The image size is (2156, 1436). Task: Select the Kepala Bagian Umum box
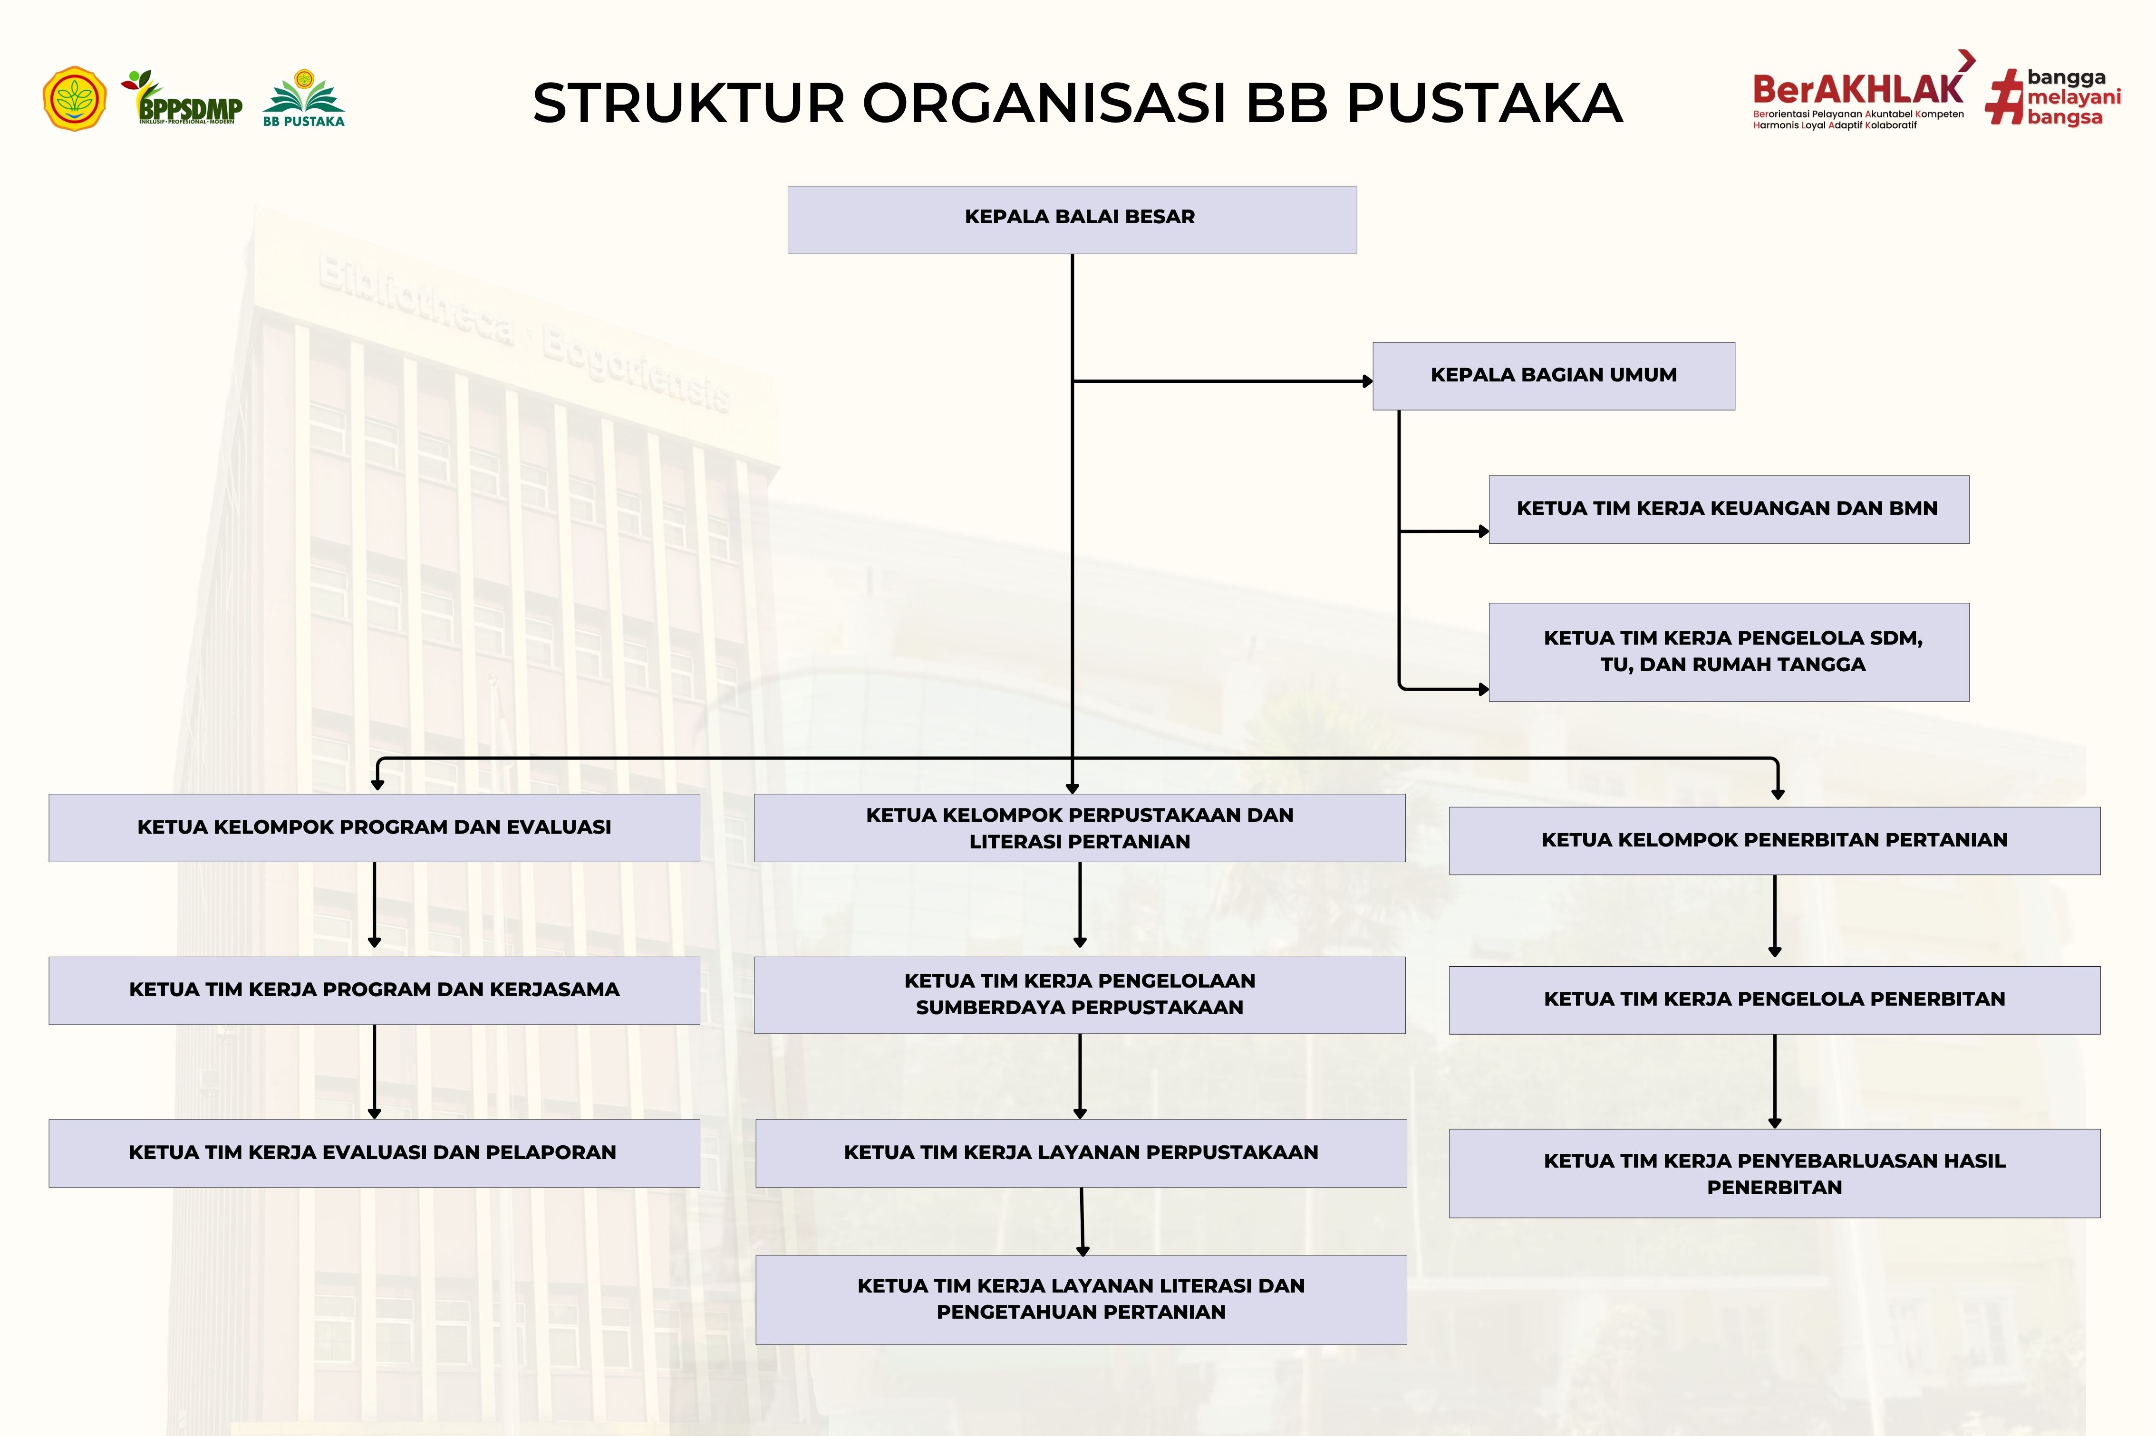[1553, 375]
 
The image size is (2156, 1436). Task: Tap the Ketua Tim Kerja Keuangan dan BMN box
[1728, 509]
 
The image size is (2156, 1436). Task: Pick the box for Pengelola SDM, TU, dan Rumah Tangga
[1728, 652]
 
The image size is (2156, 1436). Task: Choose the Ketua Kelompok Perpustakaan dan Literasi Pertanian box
[1079, 828]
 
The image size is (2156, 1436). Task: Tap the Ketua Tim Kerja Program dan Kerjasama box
[374, 990]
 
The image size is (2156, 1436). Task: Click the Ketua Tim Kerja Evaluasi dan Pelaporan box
[374, 1153]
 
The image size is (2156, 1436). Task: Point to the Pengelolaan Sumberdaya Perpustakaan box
[1079, 995]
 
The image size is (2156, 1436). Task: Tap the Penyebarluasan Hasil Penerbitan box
[1774, 1173]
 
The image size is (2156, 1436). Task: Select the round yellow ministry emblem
[74, 98]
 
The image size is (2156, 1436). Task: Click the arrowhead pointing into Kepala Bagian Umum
[1367, 381]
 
